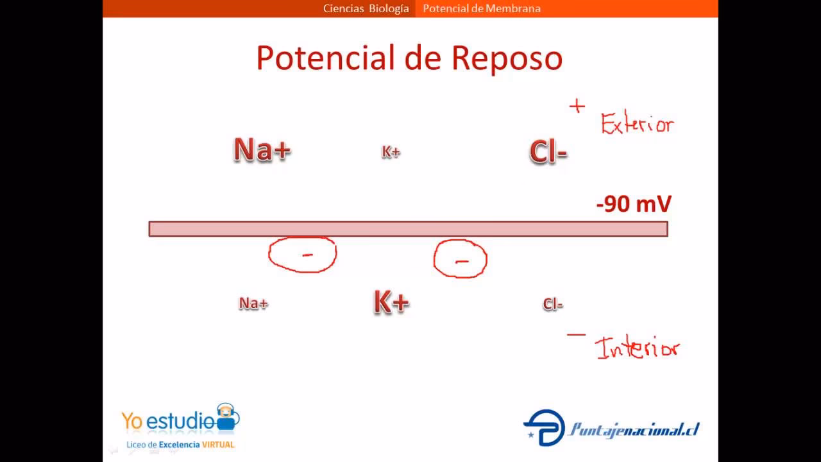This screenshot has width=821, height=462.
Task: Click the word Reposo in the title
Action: pyautogui.click(x=507, y=58)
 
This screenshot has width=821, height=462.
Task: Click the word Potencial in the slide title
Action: pyautogui.click(x=326, y=58)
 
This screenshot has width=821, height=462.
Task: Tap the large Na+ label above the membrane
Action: pyautogui.click(x=262, y=150)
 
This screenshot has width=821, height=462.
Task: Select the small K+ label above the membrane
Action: pyautogui.click(x=391, y=152)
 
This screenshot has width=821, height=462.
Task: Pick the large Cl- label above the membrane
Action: pyautogui.click(x=548, y=153)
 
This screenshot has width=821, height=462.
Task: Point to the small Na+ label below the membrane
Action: pyautogui.click(x=253, y=304)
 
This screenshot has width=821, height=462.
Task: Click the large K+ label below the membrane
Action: pyautogui.click(x=391, y=302)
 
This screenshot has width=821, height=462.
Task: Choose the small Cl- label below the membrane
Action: pyautogui.click(x=552, y=304)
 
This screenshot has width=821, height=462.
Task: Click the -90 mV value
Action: pyautogui.click(x=634, y=204)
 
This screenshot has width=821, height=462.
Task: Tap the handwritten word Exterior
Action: pyautogui.click(x=637, y=123)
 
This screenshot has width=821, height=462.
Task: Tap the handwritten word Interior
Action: pyautogui.click(x=637, y=348)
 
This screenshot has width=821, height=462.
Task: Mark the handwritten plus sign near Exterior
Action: pyautogui.click(x=577, y=107)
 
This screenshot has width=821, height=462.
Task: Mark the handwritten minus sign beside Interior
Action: pyautogui.click(x=576, y=334)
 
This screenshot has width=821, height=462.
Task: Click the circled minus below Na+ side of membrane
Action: pyautogui.click(x=302, y=255)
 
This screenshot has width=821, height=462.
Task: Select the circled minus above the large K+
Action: pyautogui.click(x=461, y=259)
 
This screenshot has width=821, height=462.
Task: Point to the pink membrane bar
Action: pyautogui.click(x=408, y=229)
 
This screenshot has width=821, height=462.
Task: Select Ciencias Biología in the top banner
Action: pyautogui.click(x=366, y=8)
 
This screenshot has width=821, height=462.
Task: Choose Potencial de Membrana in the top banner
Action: pyautogui.click(x=482, y=8)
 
